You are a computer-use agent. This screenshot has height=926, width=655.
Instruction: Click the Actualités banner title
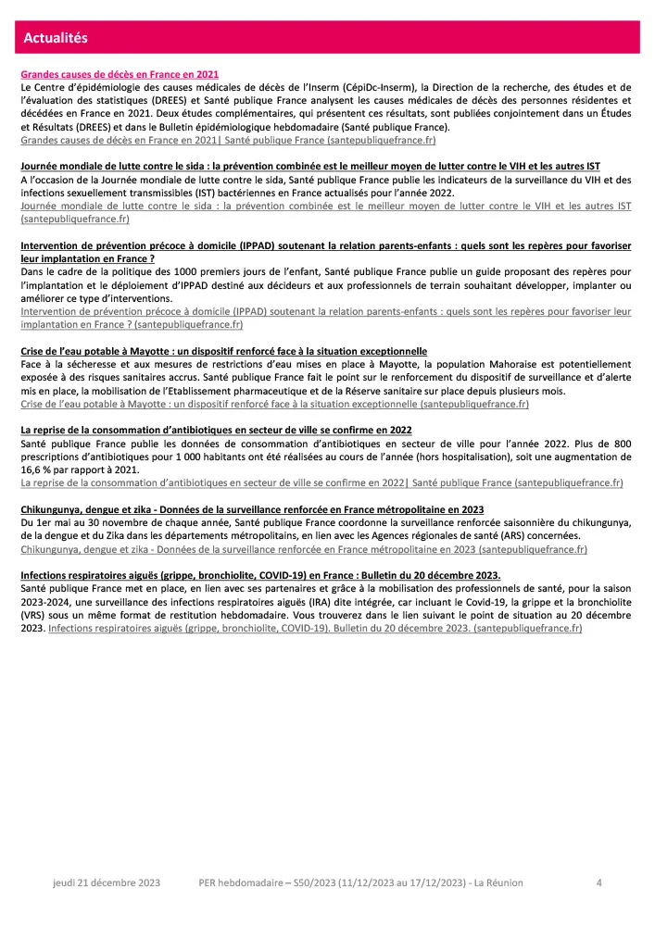click(x=56, y=38)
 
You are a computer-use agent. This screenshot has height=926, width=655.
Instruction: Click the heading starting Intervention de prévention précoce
click(x=325, y=245)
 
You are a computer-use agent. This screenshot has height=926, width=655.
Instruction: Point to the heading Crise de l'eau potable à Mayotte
click(x=223, y=352)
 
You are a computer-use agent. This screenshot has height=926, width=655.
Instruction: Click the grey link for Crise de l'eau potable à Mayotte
click(x=274, y=405)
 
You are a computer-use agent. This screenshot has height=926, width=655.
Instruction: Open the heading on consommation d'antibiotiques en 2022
click(x=216, y=431)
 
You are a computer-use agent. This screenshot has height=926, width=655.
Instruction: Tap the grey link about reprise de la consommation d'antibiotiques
click(x=321, y=483)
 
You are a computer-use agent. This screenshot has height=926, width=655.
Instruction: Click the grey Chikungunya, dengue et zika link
click(x=303, y=549)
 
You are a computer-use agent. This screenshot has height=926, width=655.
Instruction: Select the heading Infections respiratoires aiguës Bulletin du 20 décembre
click(x=260, y=575)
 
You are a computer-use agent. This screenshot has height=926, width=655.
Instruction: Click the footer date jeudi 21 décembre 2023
click(x=106, y=883)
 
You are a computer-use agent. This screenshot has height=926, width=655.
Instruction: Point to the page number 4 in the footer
click(x=599, y=883)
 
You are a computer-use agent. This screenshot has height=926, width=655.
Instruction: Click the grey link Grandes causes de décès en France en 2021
click(x=228, y=140)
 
